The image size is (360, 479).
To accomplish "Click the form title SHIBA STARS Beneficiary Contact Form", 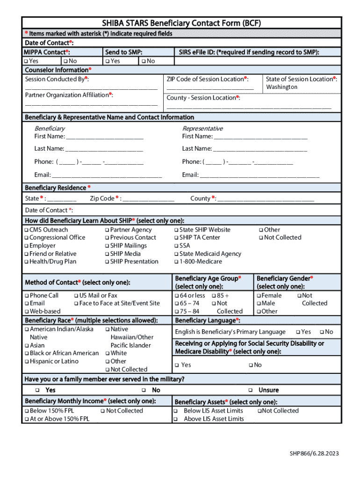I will pos(181,23).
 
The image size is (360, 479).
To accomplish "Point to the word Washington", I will pos(281,87).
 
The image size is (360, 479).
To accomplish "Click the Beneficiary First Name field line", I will pos(105,138).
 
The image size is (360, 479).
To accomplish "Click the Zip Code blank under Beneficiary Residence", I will pos(149,200).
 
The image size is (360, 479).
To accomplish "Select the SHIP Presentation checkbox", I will pos(107,262).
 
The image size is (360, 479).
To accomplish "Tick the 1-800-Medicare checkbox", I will pos(176,262).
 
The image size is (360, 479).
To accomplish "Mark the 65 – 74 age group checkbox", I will pos(177,304).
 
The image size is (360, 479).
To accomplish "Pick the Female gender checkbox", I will pos(258,296).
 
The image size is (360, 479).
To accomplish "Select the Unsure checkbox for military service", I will pos(251,390).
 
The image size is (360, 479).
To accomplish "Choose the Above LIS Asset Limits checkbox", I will pos(176,419).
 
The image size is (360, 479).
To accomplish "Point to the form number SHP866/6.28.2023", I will pos(314,453).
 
